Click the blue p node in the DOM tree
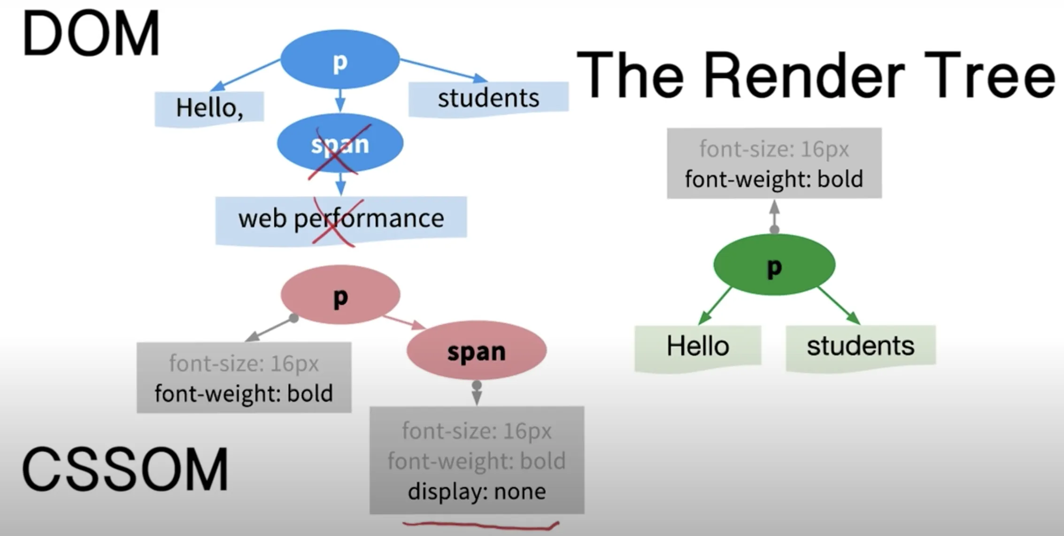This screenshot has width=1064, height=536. [340, 60]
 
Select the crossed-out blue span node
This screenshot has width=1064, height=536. [340, 144]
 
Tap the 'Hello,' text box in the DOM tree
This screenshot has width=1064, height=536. [209, 108]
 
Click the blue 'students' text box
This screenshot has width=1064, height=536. [488, 98]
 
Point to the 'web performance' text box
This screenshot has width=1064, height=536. [341, 219]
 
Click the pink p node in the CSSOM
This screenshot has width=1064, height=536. [340, 295]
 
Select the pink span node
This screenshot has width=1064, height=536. [476, 351]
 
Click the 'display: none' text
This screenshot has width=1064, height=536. [477, 491]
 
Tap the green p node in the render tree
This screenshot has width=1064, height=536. [774, 265]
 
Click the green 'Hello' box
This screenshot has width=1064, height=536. [698, 346]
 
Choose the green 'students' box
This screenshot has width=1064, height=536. [860, 346]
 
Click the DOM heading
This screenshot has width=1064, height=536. [91, 34]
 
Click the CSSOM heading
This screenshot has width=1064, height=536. [125, 469]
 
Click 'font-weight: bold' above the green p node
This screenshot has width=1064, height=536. [774, 179]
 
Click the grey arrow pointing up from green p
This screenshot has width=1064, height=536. [774, 215]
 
